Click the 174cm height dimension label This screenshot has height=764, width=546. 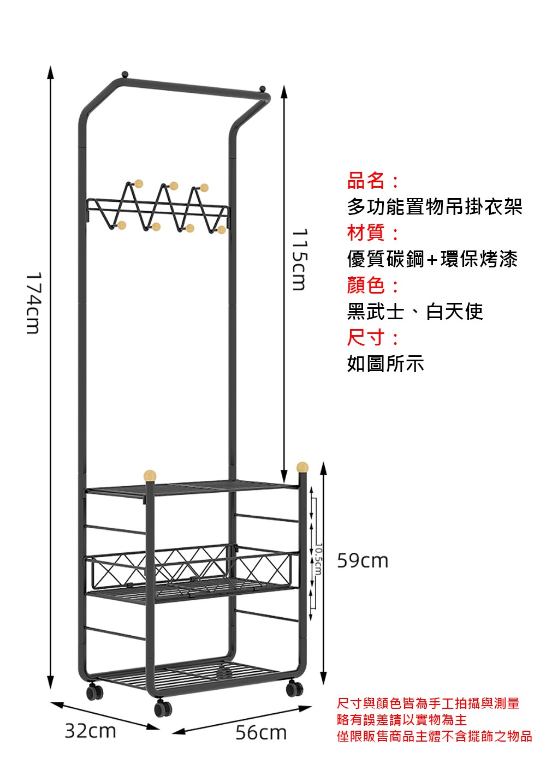[x=33, y=303]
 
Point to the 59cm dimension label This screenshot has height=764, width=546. [x=363, y=560]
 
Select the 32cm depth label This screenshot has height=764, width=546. [x=91, y=731]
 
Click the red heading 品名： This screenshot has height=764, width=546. [x=374, y=181]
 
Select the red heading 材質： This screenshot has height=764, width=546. [x=374, y=233]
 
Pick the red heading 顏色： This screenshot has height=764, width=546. [x=374, y=285]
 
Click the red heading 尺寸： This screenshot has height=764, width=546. [x=374, y=338]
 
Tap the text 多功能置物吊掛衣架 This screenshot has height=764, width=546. [x=435, y=207]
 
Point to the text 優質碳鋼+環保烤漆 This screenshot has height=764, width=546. [x=432, y=259]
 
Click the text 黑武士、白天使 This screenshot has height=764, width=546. [x=415, y=312]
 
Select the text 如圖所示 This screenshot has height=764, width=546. [x=385, y=363]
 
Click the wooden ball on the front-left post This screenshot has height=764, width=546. [x=150, y=474]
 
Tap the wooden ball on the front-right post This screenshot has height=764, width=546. [x=302, y=467]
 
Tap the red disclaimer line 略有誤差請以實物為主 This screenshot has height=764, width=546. [x=402, y=720]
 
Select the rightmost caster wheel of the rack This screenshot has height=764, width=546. [x=294, y=689]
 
